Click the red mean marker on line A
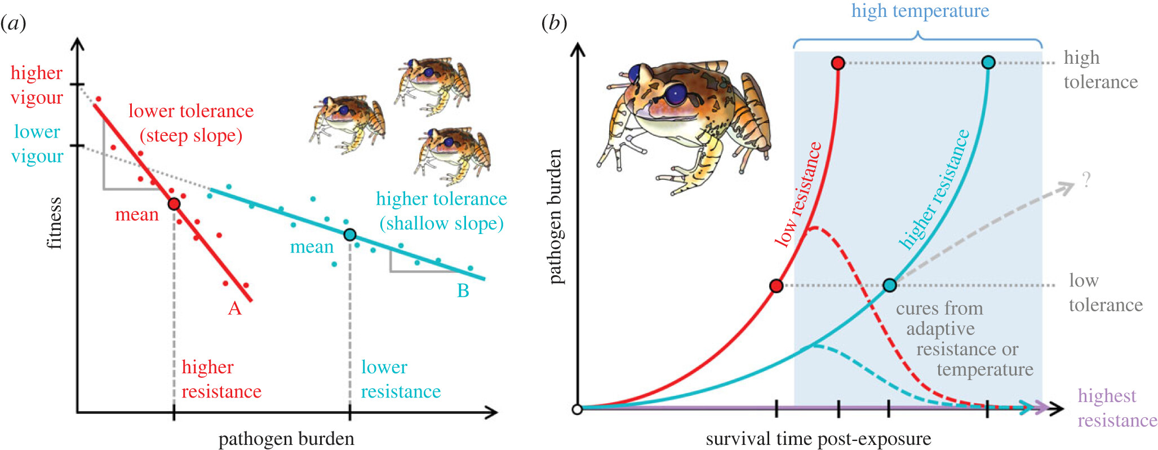(174, 204)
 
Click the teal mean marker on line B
(350, 235)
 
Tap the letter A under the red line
(234, 308)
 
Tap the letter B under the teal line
(463, 291)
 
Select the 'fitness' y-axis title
(54, 223)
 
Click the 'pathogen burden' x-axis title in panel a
(286, 439)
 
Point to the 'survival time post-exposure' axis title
(818, 439)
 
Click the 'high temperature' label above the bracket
(920, 11)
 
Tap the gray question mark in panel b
(1086, 180)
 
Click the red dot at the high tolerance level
(838, 63)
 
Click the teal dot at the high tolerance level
(988, 63)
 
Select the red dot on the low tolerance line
(777, 286)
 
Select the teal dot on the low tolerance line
(890, 285)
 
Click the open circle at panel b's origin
(577, 409)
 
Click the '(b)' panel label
(554, 23)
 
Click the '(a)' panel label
(13, 23)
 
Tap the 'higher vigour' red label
(37, 85)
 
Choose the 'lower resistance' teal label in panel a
(400, 379)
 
